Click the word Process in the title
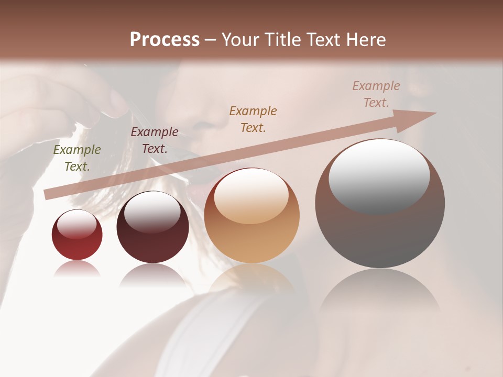pyautogui.click(x=165, y=39)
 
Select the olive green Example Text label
pyautogui.click(x=77, y=158)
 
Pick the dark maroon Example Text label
pyautogui.click(x=155, y=140)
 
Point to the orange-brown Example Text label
pyautogui.click(x=253, y=119)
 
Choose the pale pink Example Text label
pyautogui.click(x=376, y=94)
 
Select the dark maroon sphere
pyautogui.click(x=152, y=236)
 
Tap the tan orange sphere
pyautogui.click(x=252, y=230)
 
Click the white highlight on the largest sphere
pyautogui.click(x=379, y=175)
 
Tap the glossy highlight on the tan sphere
pyautogui.click(x=251, y=196)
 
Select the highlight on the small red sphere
pyautogui.click(x=77, y=224)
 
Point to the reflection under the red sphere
pyautogui.click(x=77, y=269)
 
